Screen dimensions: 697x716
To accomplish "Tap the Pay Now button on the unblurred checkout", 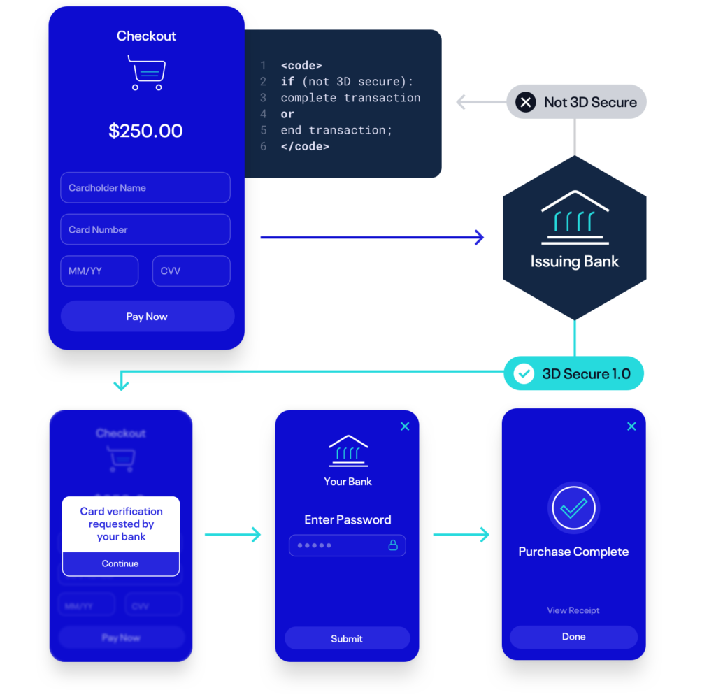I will tap(147, 317).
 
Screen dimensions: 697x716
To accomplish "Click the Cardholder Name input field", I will tap(145, 188).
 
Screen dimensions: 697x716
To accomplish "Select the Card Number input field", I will tap(145, 229).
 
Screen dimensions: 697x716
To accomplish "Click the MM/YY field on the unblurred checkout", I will tap(99, 271).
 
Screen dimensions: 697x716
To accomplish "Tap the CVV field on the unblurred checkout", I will tap(191, 271).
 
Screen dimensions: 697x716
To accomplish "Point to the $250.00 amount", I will tap(145, 131).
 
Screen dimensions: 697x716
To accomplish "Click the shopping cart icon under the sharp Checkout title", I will tap(147, 73).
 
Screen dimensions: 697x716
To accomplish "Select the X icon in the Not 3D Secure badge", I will tap(526, 103).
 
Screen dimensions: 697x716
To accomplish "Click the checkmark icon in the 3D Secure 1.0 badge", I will tap(524, 374).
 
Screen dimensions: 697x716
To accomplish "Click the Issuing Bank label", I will tap(575, 262).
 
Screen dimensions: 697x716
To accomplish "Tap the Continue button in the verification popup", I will tap(120, 563).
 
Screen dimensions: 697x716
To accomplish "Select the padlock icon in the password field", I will tap(393, 545).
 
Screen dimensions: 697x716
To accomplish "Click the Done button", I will tap(573, 637).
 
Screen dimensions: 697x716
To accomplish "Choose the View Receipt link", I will tap(573, 610).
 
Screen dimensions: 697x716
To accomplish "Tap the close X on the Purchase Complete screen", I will tap(631, 426).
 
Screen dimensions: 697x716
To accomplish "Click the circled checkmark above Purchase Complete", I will tap(573, 508).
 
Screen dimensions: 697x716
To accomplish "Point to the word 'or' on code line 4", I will tap(287, 114).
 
